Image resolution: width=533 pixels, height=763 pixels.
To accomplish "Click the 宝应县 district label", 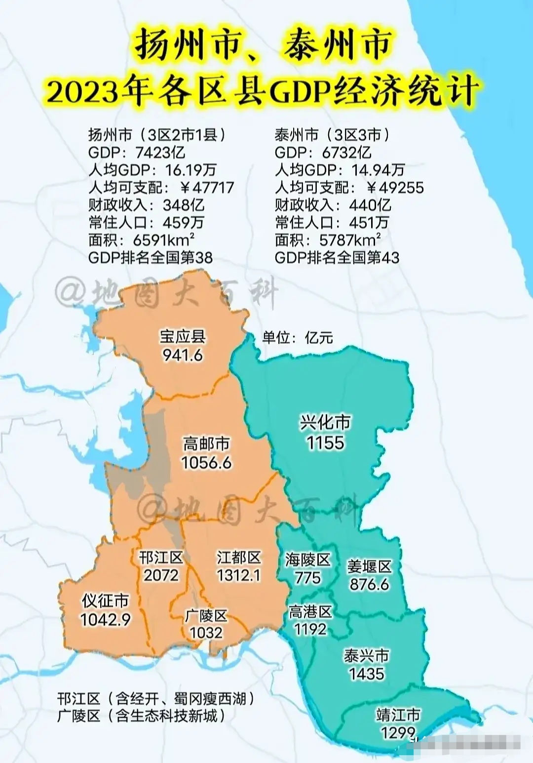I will coord(182,337).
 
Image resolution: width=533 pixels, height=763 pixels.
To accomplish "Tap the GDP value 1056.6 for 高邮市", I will coord(206,463).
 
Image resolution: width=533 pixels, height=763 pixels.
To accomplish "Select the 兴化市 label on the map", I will coord(325,423).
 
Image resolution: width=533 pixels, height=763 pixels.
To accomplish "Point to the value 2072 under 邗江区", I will coord(161,575).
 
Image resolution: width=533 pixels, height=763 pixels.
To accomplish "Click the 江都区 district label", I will coord(238,558).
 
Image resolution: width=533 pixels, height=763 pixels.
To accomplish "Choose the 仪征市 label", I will coord(105,601).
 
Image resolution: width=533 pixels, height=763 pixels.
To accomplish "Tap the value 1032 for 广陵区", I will coord(206,633).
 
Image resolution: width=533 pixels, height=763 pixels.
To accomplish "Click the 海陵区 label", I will coord(307,560).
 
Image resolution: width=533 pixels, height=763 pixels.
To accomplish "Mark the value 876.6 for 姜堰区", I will coord(369,584).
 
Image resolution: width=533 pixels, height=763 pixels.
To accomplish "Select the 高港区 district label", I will coord(310,612).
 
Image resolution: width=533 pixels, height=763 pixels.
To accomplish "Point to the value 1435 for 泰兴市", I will coord(366,674).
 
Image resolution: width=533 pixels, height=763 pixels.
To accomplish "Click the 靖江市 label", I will coord(398,715).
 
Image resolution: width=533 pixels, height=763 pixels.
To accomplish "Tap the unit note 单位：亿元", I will coord(298,338).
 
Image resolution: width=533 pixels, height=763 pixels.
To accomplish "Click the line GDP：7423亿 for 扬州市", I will coord(137,152).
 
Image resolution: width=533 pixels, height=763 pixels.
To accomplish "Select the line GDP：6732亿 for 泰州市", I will coord(323,152).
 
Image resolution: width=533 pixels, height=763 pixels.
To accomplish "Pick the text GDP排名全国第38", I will coord(150,257).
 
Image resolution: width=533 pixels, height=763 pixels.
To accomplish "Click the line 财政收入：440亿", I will coord(333,204).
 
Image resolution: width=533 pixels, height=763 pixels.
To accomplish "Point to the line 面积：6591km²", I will coord(141,240).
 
